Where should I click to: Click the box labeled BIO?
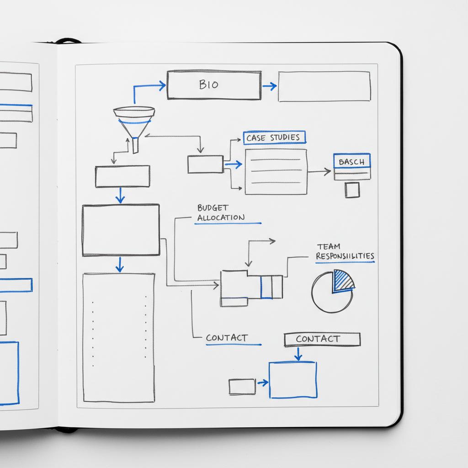pyautogui.click(x=214, y=85)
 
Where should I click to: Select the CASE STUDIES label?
pyautogui.click(x=274, y=138)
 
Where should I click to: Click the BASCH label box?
pyautogui.click(x=352, y=162)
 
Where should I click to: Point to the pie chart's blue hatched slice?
pyautogui.click(x=343, y=280)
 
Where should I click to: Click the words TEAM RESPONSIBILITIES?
pyautogui.click(x=345, y=252)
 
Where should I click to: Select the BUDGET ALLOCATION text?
pyautogui.click(x=221, y=213)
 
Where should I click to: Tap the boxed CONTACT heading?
pyautogui.click(x=322, y=339)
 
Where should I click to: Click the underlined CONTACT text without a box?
pyautogui.click(x=227, y=338)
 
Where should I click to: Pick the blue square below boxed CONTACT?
pyautogui.click(x=292, y=380)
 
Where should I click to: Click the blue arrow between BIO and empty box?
pyautogui.click(x=270, y=86)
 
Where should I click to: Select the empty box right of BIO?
pyautogui.click(x=324, y=86)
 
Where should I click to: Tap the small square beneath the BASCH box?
pyautogui.click(x=352, y=190)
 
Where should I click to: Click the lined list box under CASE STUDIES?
pyautogui.click(x=276, y=171)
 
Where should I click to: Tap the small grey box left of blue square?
pyautogui.click(x=242, y=387)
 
